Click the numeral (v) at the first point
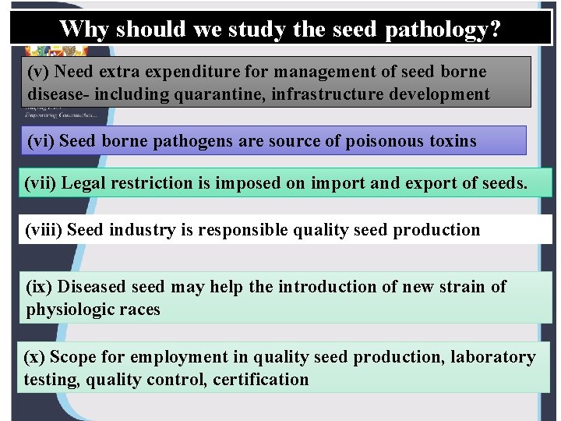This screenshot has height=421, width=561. [x=40, y=73]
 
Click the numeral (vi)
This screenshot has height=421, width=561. [x=41, y=141]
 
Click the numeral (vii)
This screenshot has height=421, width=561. [x=41, y=184]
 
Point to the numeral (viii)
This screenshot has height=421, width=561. [x=44, y=230]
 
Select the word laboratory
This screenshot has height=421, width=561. [x=496, y=358]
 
